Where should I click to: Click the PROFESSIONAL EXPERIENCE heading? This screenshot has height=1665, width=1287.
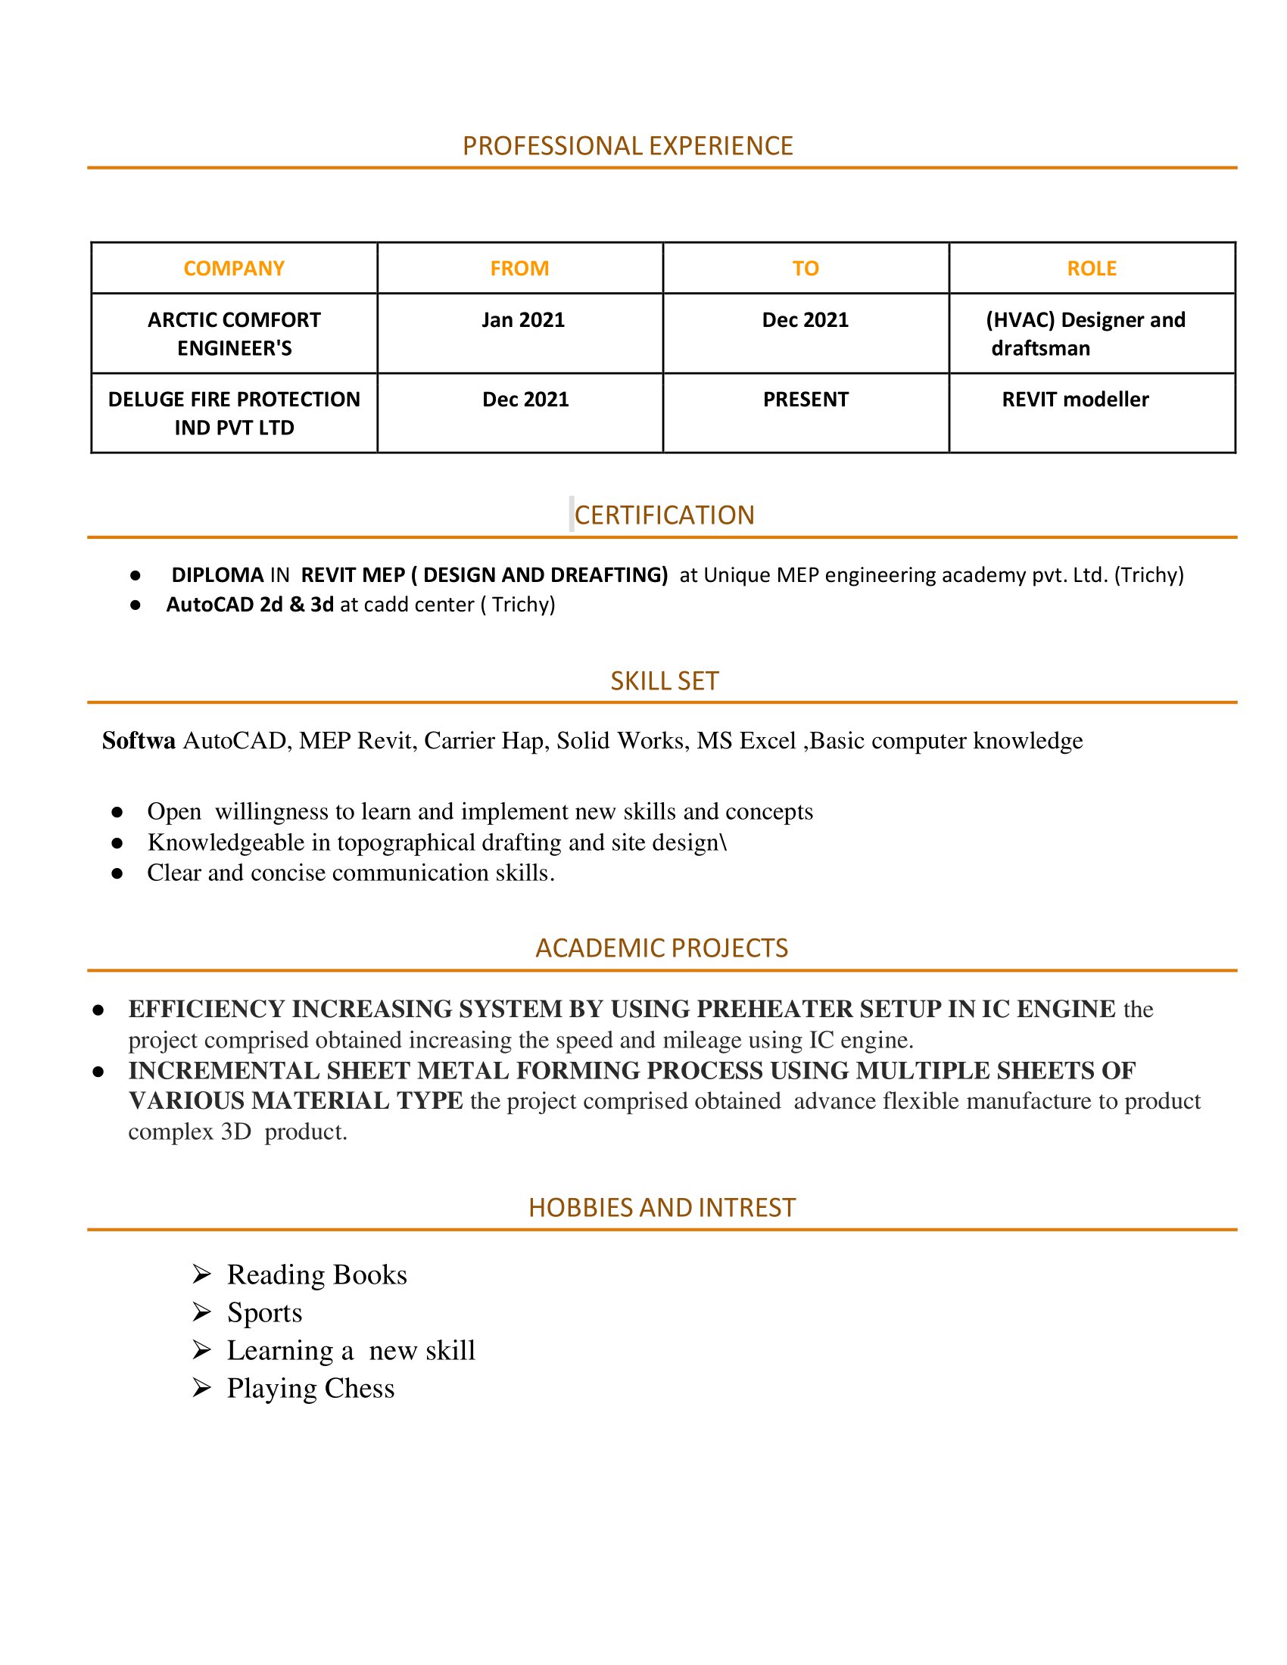tap(628, 145)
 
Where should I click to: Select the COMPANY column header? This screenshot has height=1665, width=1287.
tap(233, 269)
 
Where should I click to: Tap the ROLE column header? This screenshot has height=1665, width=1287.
tap(1091, 269)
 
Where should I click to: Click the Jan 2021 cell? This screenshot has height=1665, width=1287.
tap(523, 320)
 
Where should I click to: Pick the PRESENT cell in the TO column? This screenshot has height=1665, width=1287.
tap(806, 400)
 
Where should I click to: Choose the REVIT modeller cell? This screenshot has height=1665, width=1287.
tap(1074, 400)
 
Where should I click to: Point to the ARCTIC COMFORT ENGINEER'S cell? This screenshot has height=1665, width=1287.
tap(234, 334)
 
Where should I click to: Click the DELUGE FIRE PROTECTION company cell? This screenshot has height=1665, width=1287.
tap(234, 413)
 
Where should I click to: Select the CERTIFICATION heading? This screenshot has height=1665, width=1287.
tap(663, 515)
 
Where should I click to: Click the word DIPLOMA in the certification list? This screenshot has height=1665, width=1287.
tap(217, 575)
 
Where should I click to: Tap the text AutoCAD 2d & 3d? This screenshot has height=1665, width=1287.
tap(250, 605)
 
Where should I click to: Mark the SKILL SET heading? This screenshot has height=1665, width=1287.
tap(664, 681)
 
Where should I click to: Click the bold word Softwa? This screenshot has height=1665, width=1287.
tap(139, 740)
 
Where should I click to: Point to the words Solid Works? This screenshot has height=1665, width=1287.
tap(620, 740)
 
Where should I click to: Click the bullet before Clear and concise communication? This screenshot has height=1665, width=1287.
tap(117, 873)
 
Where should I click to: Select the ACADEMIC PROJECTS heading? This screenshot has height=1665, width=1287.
tap(661, 948)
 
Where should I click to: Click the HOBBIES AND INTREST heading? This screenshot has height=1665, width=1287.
tap(661, 1208)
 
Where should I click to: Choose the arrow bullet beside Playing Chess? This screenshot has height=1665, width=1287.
tap(201, 1387)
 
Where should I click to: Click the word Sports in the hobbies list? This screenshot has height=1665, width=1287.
tap(264, 1312)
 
